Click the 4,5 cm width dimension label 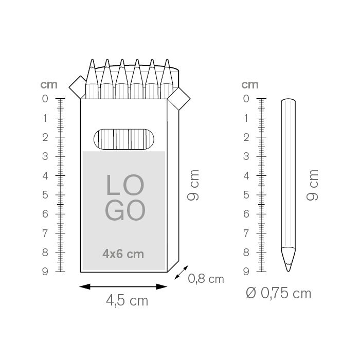[127, 300]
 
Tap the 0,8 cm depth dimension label [206, 279]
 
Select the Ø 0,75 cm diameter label [279, 293]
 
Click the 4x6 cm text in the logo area [123, 254]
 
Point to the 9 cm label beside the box [193, 185]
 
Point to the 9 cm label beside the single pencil [312, 185]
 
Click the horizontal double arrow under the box [123, 286]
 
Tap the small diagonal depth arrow [182, 272]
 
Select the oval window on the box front [124, 139]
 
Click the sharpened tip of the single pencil [289, 271]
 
